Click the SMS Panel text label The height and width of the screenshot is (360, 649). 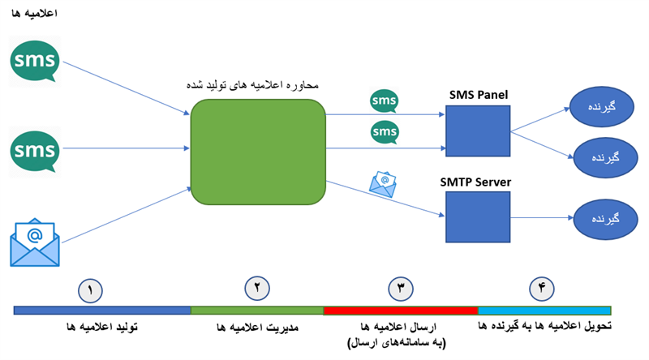pos(479,95)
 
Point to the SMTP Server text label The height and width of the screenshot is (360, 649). pos(479,182)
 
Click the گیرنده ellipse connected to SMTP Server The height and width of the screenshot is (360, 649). pos(604,220)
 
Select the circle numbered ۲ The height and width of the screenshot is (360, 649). pos(256,288)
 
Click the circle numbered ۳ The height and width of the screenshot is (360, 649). pos(400,288)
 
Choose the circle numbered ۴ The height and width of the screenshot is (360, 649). pos(543,288)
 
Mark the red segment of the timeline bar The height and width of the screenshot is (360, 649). pos(400,311)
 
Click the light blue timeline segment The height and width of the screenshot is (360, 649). pos(544,311)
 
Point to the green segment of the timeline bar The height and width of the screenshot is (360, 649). pos(256,311)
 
